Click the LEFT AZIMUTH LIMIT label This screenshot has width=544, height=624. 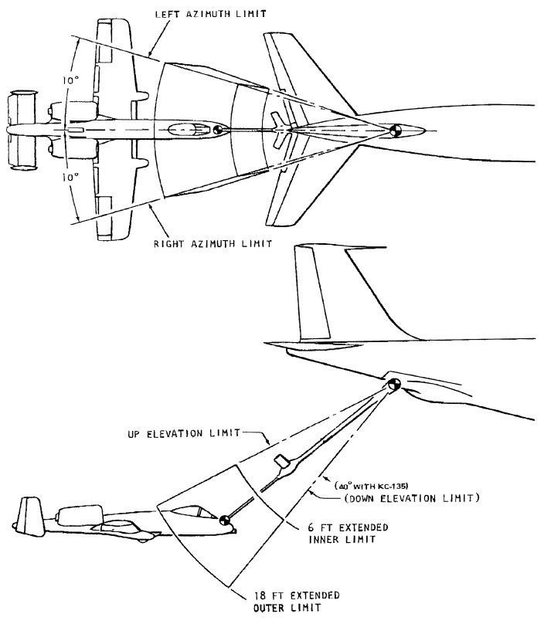[211, 14]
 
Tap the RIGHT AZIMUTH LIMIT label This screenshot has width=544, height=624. [213, 243]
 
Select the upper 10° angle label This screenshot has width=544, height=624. [71, 80]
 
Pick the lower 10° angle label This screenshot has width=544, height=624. [70, 177]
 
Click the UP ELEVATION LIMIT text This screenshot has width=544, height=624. [184, 433]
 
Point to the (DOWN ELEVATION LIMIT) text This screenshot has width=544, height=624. [412, 498]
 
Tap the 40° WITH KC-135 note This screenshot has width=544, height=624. [372, 486]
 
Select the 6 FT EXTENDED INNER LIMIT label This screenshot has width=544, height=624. [348, 534]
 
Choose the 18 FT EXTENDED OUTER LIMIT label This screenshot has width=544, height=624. [296, 602]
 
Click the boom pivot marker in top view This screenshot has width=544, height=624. [396, 131]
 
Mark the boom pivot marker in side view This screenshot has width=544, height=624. [393, 385]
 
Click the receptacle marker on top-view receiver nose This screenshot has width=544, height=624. [217, 129]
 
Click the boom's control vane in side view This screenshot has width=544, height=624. [282, 462]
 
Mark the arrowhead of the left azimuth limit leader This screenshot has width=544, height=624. [150, 54]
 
